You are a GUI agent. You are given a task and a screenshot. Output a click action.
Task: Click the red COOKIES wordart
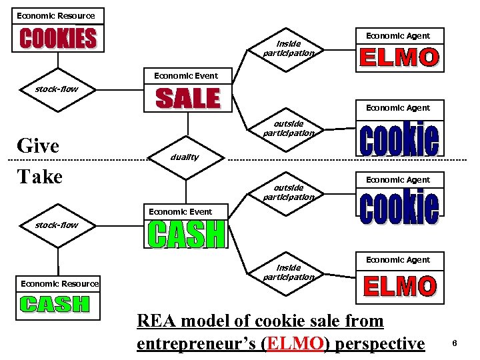58,37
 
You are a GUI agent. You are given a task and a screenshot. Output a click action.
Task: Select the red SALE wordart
187,99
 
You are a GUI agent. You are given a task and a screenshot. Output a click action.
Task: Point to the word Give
38,145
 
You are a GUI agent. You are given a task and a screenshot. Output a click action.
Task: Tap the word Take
40,177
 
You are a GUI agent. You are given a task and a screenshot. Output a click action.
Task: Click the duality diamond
186,157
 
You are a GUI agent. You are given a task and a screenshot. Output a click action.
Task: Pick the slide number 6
454,343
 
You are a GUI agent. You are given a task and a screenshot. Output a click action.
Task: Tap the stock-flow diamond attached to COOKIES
57,89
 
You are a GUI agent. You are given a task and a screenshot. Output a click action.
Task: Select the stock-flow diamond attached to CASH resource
57,225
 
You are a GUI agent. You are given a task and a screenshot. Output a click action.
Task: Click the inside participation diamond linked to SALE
288,48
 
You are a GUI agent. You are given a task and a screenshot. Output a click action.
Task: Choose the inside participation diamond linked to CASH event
288,272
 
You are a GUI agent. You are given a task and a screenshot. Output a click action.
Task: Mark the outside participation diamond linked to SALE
288,129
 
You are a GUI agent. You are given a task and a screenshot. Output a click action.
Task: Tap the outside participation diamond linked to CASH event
288,193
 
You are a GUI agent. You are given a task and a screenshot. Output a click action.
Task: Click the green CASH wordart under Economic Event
186,234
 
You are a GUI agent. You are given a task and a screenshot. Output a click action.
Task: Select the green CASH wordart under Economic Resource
55,304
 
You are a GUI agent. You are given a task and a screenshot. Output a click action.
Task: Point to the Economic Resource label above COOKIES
56,15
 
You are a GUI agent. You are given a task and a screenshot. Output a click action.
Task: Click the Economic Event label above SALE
186,75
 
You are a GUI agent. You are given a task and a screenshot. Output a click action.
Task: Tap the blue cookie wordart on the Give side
399,138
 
